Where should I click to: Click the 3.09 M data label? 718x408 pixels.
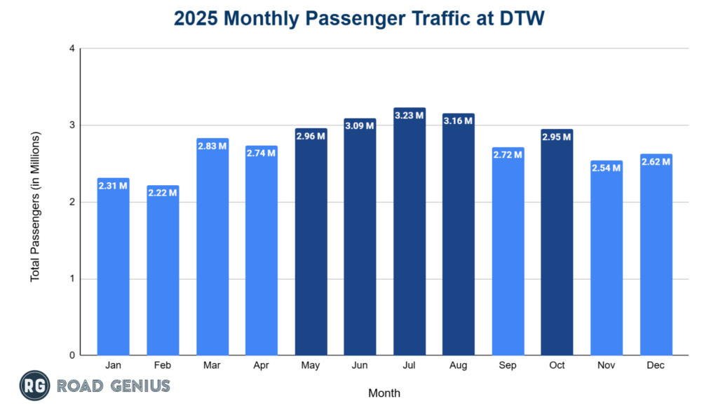(360, 125)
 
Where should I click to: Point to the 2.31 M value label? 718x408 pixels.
(114, 186)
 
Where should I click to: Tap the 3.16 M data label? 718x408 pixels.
(459, 121)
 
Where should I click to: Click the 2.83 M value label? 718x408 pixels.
(212, 146)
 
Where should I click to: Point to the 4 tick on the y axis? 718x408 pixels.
(72, 48)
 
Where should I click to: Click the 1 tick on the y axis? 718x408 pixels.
(72, 279)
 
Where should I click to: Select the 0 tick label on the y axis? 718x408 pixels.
(72, 355)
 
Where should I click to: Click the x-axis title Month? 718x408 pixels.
(384, 393)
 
